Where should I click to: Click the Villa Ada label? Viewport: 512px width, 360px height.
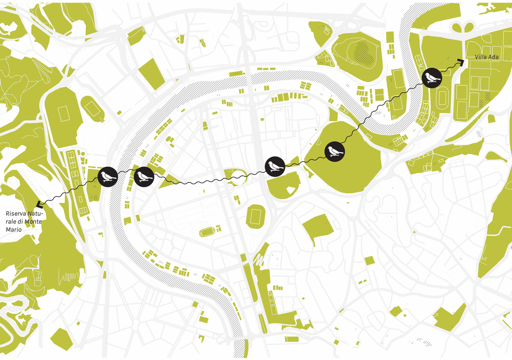(487, 57)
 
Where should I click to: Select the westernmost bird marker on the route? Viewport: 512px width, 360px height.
(108, 177)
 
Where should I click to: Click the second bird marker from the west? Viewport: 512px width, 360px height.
(144, 177)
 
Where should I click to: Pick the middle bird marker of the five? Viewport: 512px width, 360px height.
(275, 166)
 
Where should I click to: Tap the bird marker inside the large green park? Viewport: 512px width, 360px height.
(335, 152)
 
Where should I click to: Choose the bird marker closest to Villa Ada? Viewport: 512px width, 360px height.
(432, 77)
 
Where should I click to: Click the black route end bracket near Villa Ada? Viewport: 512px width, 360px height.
(461, 62)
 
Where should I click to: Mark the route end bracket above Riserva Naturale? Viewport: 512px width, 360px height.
(39, 204)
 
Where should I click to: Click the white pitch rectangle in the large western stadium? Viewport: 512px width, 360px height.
(64, 114)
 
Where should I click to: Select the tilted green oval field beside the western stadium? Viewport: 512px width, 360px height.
(93, 108)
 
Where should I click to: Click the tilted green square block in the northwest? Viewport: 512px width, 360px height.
(151, 74)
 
